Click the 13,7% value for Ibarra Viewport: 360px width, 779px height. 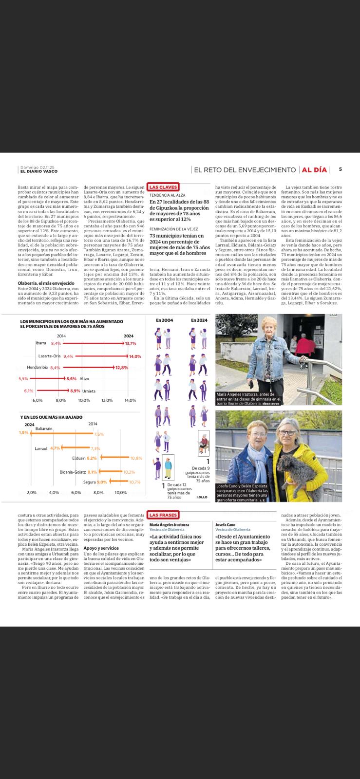pos(131,343)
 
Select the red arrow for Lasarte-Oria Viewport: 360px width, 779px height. pos(100,356)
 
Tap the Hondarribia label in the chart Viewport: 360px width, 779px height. pos(37,368)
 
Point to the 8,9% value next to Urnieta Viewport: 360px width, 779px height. pos(75,391)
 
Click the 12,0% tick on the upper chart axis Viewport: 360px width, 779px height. pos(107,400)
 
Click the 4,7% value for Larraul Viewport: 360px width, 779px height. pos(55,448)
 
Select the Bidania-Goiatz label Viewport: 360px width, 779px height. pos(73,472)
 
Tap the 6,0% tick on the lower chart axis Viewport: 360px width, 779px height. pos(76,492)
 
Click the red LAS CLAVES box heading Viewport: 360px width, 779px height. pos(164,186)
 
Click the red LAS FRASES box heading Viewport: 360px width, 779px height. pos(163,515)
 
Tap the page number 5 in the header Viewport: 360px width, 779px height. pos(340,169)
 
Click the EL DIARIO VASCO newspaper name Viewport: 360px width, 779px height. pos(38,171)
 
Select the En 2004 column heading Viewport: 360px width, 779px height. pos(164,320)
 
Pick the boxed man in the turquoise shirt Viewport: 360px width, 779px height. pos(168,468)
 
